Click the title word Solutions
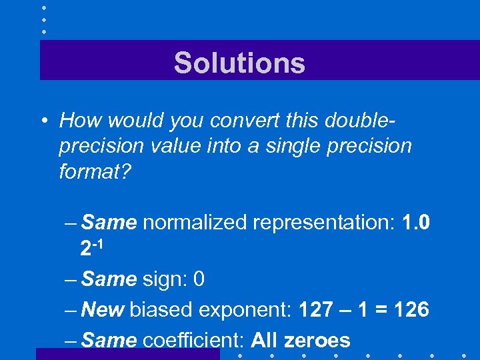[x=239, y=63]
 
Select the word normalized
[x=195, y=222]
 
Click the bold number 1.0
[x=417, y=222]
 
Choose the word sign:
[x=164, y=279]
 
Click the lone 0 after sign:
[x=198, y=279]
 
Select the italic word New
[x=103, y=309]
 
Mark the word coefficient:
[x=193, y=340]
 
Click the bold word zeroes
[x=317, y=340]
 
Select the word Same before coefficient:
[x=109, y=340]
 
